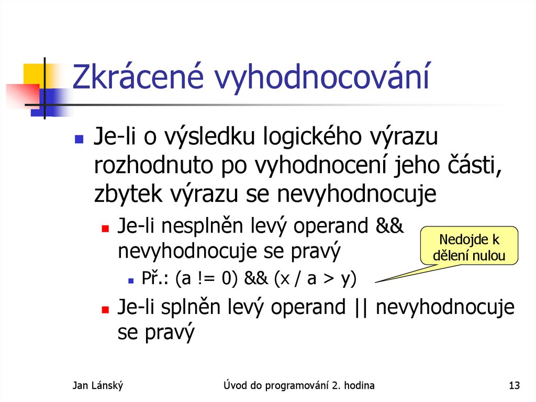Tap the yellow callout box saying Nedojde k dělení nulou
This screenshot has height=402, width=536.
point(469,248)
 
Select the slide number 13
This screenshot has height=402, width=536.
point(514,386)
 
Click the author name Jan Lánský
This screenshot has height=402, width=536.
point(97,386)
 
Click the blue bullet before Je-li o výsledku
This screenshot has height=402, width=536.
point(79,139)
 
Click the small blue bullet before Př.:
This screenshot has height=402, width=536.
point(130,281)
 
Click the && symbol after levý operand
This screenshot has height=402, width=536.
point(389,226)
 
